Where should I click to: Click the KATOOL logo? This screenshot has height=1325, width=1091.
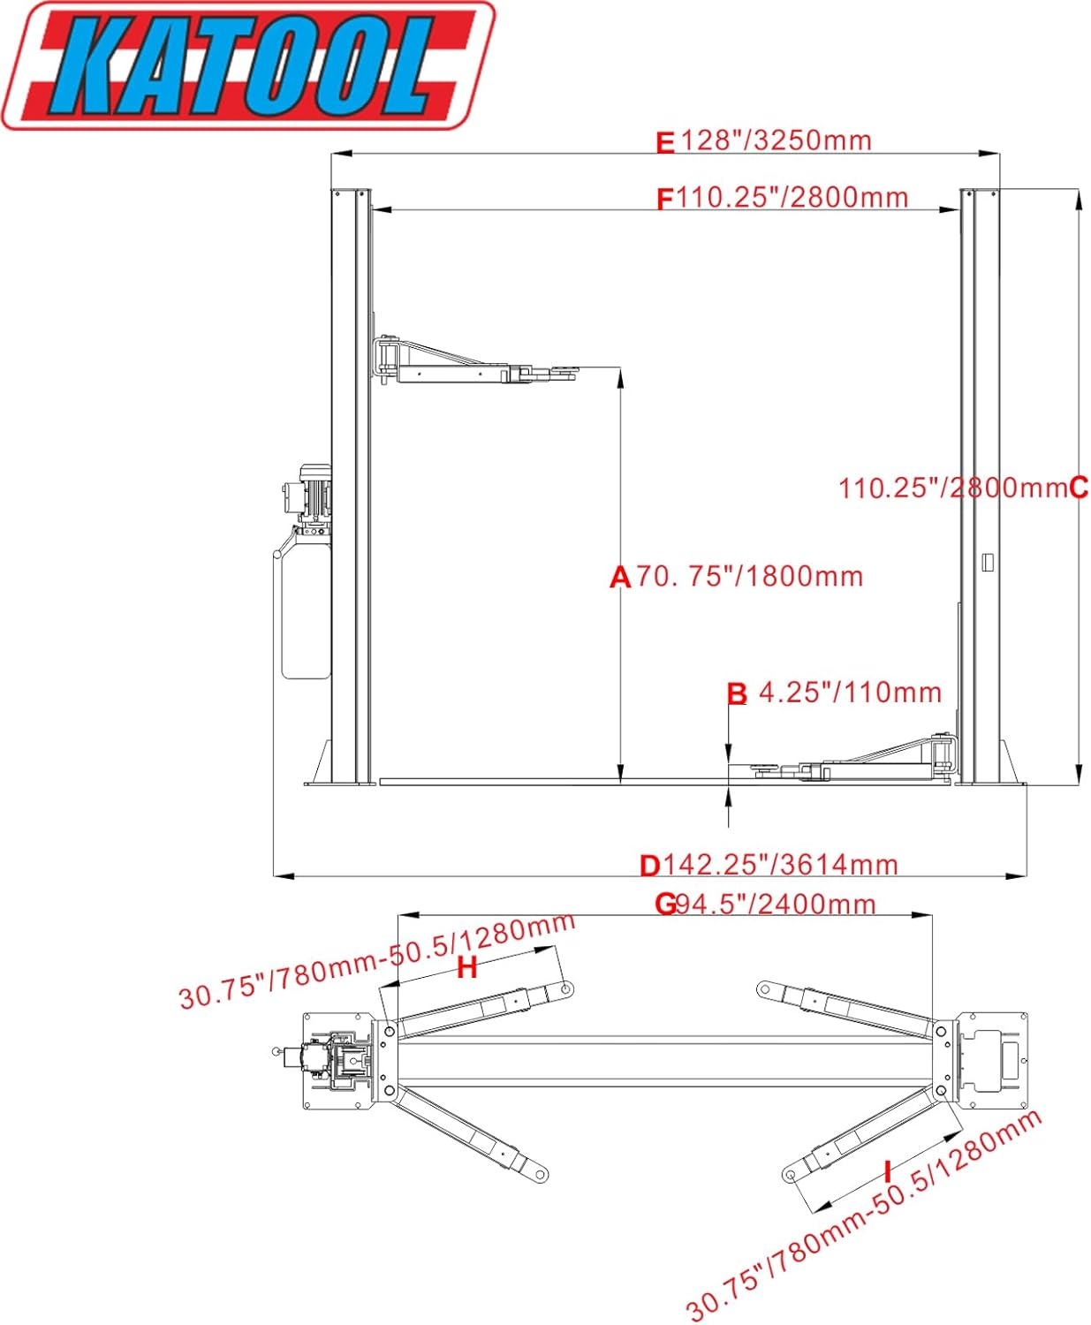(247, 66)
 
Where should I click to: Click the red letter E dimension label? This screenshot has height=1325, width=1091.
(665, 142)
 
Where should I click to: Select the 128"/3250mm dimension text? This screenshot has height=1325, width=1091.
(776, 140)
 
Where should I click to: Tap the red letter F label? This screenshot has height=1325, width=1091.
(665, 200)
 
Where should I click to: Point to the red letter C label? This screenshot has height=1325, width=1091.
(1079, 488)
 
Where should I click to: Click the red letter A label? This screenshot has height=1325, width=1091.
(620, 578)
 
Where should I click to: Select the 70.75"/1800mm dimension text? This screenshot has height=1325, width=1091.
(749, 577)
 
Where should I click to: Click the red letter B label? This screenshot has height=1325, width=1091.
(737, 694)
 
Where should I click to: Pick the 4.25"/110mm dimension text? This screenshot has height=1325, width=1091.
(850, 693)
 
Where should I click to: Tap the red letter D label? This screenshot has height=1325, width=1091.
(650, 866)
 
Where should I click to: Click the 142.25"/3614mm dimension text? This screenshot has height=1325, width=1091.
(781, 864)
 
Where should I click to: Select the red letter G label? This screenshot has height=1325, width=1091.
(665, 905)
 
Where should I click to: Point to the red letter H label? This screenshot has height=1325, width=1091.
(466, 968)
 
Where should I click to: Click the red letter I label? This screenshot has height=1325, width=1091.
(888, 1171)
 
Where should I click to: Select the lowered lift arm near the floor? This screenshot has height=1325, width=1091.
(866, 765)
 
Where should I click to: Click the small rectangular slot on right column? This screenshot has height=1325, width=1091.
(989, 562)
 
